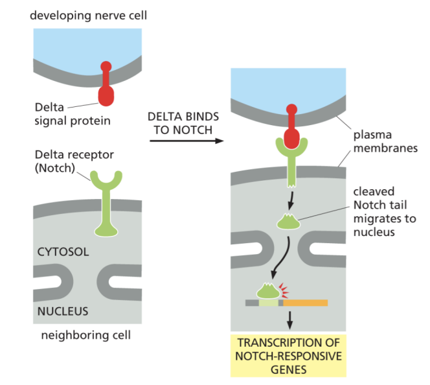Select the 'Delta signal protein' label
click(73, 113)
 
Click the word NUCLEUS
click(62, 310)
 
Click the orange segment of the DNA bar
click(305, 303)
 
